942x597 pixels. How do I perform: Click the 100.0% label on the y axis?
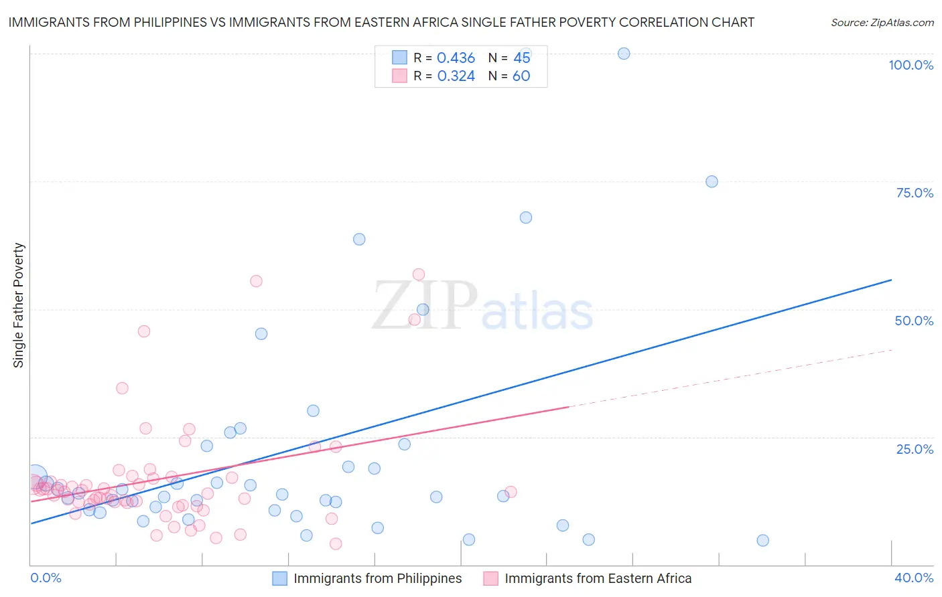click(x=911, y=65)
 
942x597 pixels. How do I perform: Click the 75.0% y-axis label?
click(x=915, y=193)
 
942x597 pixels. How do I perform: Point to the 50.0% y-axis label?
click(x=914, y=321)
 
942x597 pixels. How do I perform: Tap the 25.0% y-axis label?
click(x=915, y=449)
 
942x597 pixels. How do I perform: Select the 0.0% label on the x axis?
click(x=46, y=578)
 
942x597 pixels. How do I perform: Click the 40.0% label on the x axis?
click(x=914, y=578)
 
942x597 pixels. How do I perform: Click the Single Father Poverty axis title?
click(x=19, y=305)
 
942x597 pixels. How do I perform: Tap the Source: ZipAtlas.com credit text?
click(x=882, y=23)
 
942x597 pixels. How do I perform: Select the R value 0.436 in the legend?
click(x=456, y=58)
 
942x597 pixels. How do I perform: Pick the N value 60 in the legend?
click(x=521, y=76)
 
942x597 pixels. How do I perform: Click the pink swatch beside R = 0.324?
click(x=399, y=76)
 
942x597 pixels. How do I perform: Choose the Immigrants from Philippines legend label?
click(x=377, y=578)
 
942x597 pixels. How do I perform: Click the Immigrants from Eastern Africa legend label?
click(x=598, y=578)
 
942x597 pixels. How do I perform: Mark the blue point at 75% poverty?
click(x=712, y=181)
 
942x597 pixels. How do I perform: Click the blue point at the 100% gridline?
click(x=624, y=54)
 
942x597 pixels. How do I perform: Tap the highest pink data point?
click(x=419, y=274)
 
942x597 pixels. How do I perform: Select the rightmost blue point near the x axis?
click(x=762, y=540)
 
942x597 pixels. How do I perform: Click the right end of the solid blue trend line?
click(x=891, y=280)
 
